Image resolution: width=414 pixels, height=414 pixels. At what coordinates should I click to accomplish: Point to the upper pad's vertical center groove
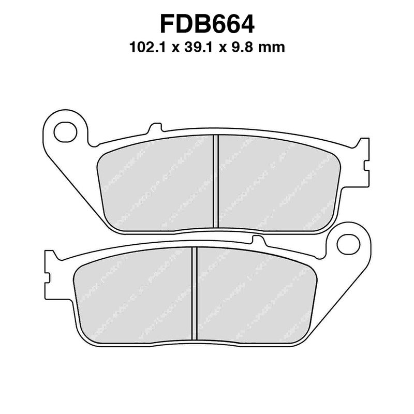click(x=216, y=181)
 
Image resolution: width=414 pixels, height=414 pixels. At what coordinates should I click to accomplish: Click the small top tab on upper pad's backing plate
click(x=154, y=127)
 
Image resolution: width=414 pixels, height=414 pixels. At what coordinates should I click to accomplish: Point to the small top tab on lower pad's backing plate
click(x=254, y=239)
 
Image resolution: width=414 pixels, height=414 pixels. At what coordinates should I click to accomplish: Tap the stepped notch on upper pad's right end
click(x=368, y=166)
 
